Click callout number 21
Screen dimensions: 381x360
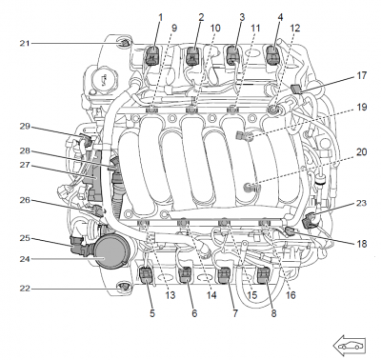click(25, 43)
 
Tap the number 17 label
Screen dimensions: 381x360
click(361, 75)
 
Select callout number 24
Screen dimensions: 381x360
click(25, 259)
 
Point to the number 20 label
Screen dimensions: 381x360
click(361, 152)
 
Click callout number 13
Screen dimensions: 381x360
click(170, 295)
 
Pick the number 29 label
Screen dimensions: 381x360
click(25, 127)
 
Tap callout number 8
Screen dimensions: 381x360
click(273, 313)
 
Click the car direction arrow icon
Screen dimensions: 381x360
click(350, 345)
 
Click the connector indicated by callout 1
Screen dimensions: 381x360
click(152, 55)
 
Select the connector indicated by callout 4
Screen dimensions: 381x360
click(272, 54)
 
